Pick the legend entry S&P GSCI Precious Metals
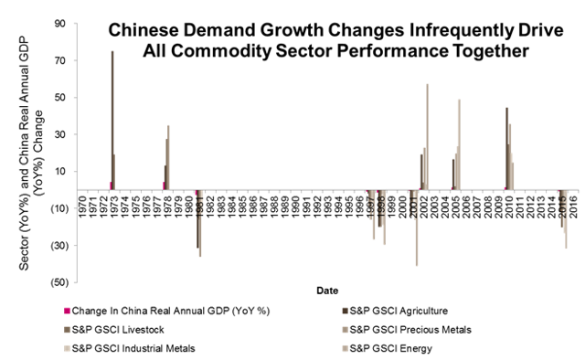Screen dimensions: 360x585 pyautogui.click(x=427, y=329)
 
